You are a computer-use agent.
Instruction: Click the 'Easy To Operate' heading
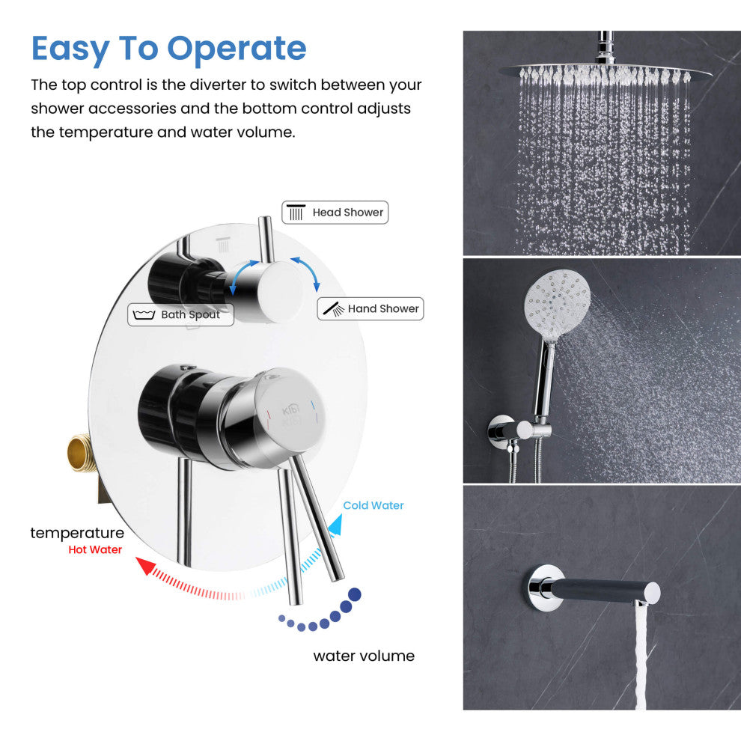click(169, 49)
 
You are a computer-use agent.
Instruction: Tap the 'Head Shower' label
click(347, 213)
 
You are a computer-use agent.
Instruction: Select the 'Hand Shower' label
click(382, 308)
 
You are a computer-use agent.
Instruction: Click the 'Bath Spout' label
click(190, 315)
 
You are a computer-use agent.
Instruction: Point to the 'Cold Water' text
click(373, 506)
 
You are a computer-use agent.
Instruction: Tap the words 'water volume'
click(364, 656)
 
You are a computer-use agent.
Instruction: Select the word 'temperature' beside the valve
click(77, 533)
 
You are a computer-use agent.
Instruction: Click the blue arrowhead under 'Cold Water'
click(335, 526)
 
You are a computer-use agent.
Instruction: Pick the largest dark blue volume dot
click(355, 594)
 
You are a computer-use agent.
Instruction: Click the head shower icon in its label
click(296, 213)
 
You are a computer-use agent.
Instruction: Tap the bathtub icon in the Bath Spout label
click(144, 315)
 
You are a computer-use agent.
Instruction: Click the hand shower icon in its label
click(333, 308)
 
